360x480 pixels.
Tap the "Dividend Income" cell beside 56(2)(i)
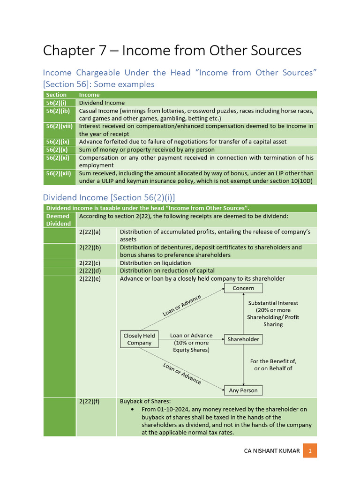[102, 103]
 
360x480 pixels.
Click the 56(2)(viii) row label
[59, 126]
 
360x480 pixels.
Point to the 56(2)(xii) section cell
[58, 173]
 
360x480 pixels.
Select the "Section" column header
[56, 95]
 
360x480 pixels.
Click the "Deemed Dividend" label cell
[58, 220]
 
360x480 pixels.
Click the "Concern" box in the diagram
[243, 288]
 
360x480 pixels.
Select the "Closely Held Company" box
[139, 339]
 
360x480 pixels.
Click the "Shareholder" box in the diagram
[243, 339]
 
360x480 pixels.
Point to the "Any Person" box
[243, 390]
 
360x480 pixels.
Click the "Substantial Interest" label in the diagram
[273, 303]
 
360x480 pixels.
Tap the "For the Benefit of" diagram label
[273, 361]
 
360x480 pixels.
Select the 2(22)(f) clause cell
[90, 402]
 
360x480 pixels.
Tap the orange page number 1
[310, 451]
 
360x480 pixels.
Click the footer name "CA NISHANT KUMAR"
[272, 451]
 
